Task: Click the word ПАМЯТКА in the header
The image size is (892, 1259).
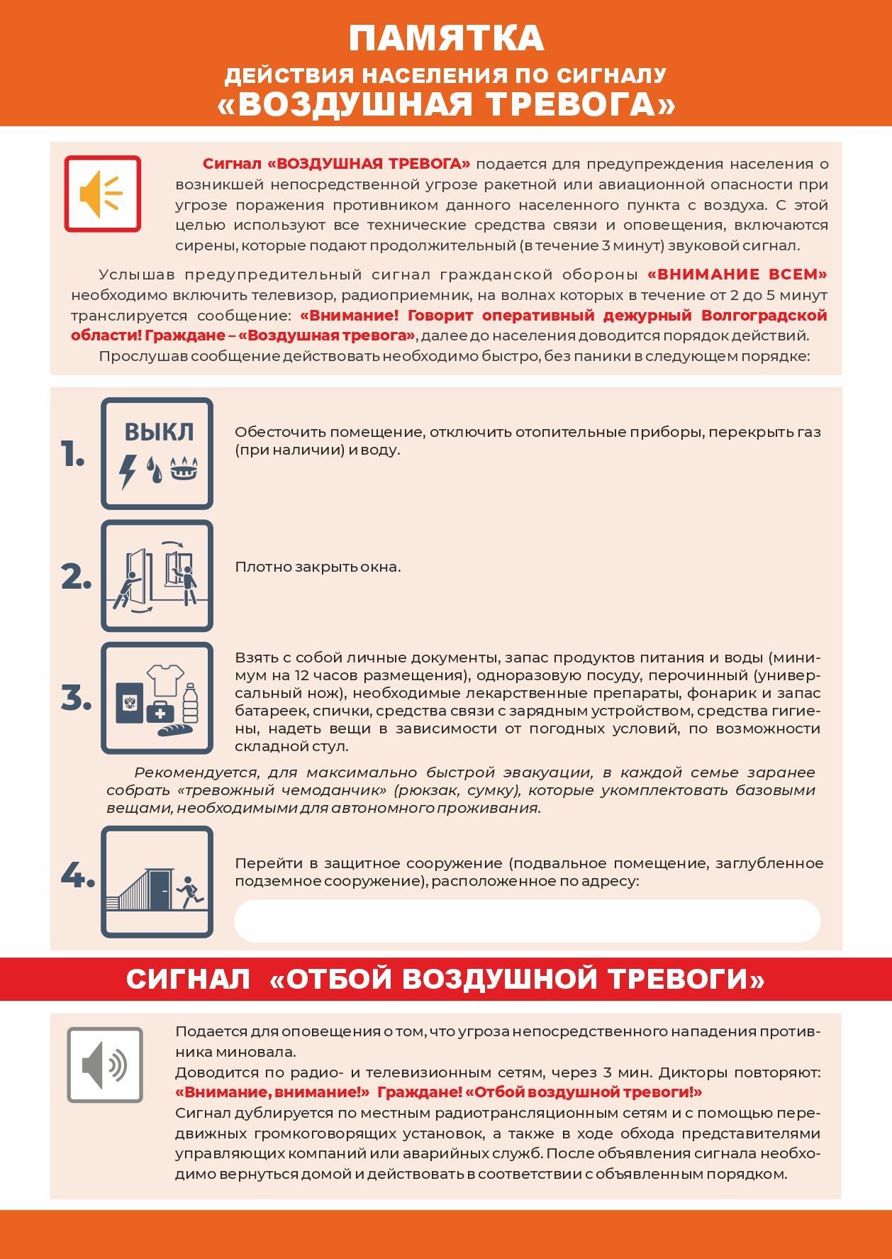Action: coord(446,39)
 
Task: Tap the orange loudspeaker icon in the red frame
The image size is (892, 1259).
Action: coord(102,194)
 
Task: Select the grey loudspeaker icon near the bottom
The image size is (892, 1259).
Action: coord(104,1065)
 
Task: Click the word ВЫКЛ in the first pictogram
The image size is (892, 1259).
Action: coord(158,431)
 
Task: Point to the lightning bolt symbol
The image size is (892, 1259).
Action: coord(128,470)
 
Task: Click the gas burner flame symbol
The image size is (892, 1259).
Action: coord(186,468)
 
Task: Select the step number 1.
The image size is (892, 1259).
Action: coord(73,455)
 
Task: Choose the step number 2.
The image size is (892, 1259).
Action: coord(76,577)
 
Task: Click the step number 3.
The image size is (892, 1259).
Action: coord(76,699)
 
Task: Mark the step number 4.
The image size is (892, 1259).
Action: coord(77,877)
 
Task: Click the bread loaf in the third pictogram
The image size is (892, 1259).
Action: coord(175,729)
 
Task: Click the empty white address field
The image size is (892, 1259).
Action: coord(527,921)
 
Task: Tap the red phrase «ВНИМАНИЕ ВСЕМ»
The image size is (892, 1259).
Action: coord(737,274)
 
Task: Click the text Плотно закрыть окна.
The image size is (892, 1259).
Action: coord(318,567)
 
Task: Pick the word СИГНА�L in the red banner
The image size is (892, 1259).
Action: coord(188,980)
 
